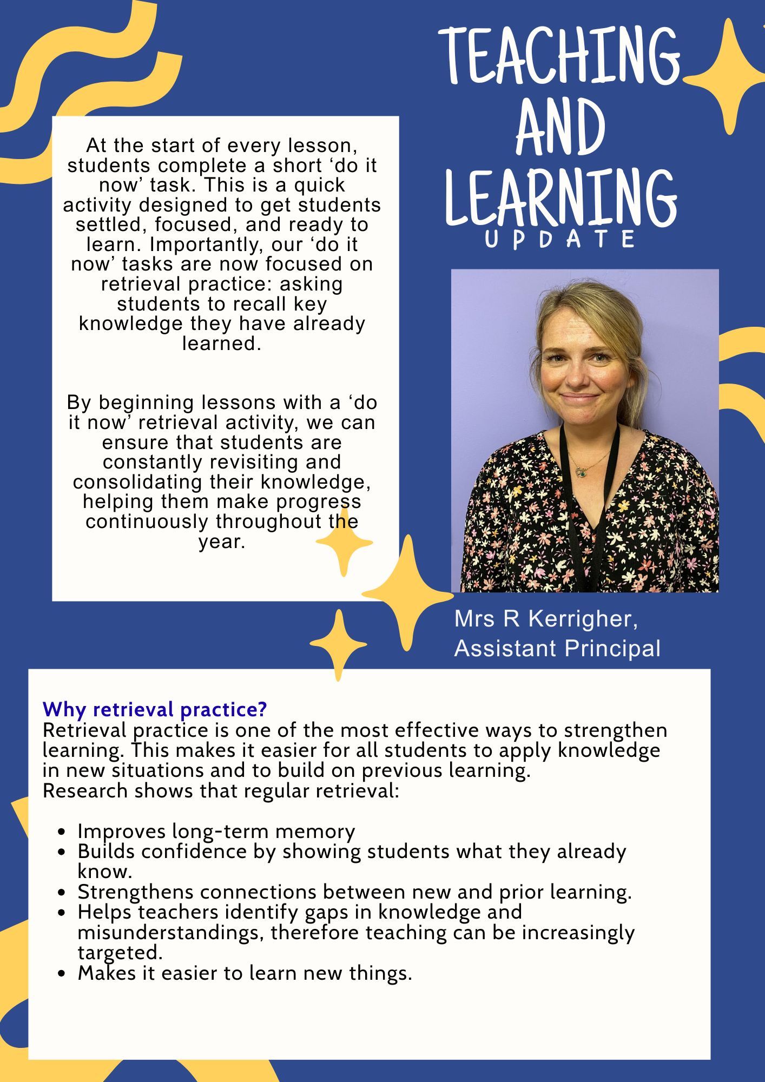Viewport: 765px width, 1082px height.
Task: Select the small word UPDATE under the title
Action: [x=560, y=240]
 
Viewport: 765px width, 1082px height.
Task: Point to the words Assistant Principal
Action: [x=557, y=649]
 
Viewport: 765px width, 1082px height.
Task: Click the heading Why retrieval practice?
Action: [x=155, y=709]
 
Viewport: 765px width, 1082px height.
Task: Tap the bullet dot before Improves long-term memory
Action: [x=64, y=832]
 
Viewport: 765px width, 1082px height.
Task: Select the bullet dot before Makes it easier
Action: [x=64, y=974]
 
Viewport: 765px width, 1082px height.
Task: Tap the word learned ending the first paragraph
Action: [x=221, y=344]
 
